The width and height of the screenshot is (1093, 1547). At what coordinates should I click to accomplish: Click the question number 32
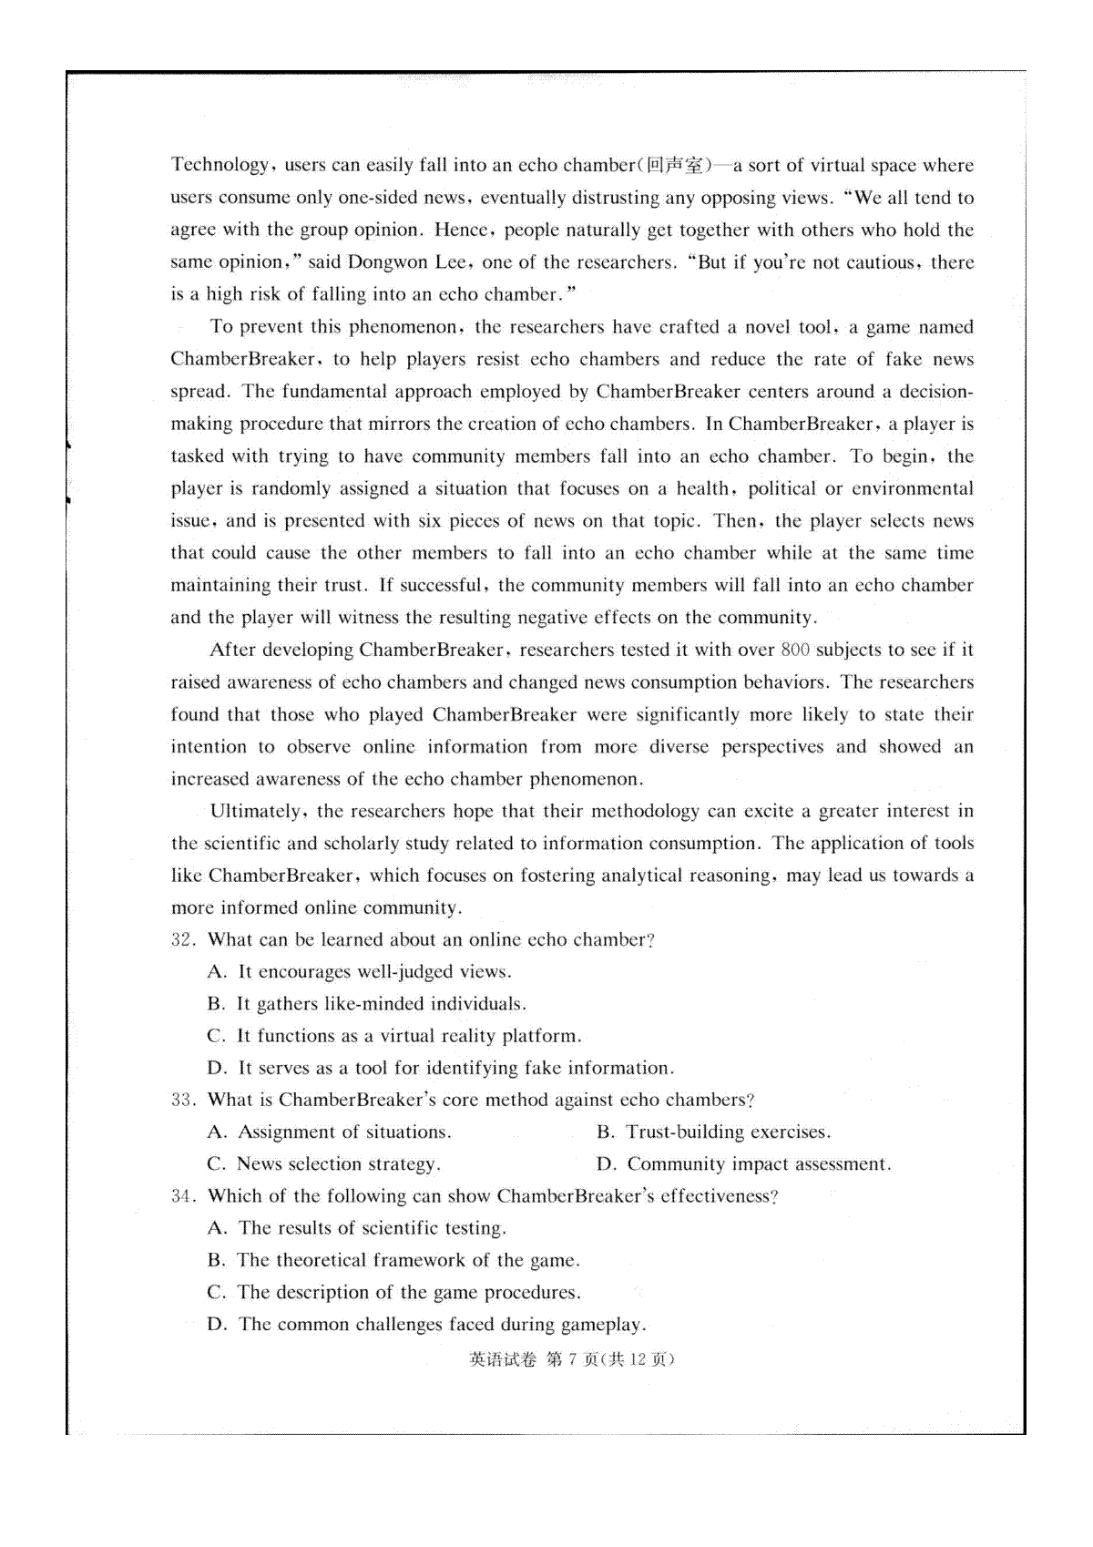pos(182,940)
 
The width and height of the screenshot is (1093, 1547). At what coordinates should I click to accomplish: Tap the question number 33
pos(182,1101)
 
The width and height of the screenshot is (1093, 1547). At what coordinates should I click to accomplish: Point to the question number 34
pos(182,1196)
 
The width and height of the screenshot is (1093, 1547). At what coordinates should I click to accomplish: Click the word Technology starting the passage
pos(220,166)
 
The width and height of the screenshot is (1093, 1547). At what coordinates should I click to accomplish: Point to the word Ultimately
pos(260,812)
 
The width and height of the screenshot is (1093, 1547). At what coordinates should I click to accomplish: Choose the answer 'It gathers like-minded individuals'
pos(382,1004)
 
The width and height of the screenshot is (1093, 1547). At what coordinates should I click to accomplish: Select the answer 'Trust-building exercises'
pos(728,1132)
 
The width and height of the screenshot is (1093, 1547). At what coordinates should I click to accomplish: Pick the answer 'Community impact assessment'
pos(758,1164)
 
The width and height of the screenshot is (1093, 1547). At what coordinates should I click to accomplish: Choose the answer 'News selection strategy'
pos(338,1164)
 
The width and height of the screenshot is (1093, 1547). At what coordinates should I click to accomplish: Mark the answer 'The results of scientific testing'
pos(372,1228)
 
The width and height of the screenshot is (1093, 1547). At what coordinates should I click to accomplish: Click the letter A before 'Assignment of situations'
pos(217,1132)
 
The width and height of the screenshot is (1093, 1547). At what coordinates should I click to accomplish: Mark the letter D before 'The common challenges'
pos(217,1325)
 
